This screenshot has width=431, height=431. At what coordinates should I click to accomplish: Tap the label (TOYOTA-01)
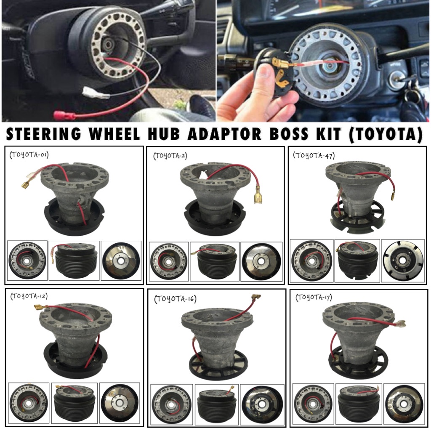point(29,155)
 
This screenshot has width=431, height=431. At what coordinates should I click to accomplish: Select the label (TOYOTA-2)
point(170,156)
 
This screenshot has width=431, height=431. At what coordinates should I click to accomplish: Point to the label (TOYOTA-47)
point(314,155)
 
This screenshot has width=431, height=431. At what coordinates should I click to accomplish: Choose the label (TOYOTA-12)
point(29,296)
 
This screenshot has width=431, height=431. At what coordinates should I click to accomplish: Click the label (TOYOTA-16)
point(176,299)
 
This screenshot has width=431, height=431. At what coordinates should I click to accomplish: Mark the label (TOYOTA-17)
point(314,297)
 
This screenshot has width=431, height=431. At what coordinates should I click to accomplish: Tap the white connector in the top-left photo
point(96,92)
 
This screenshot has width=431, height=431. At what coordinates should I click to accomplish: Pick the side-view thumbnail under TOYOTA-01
point(74,261)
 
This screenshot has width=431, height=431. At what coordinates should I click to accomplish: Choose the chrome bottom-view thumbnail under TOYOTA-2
point(261,261)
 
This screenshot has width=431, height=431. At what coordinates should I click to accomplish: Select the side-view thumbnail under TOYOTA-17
point(359,403)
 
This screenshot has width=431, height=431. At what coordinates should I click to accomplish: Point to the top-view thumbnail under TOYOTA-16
point(172,404)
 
